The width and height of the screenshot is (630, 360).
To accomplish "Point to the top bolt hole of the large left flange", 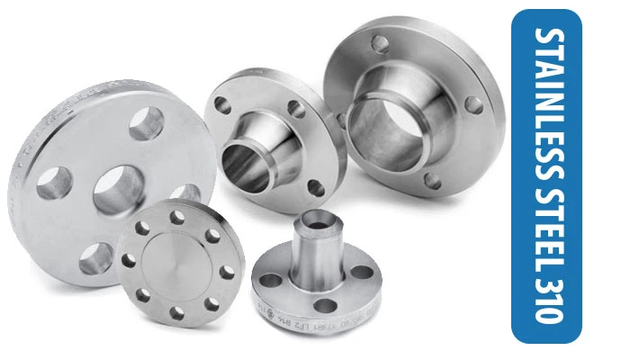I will [x=146, y=124].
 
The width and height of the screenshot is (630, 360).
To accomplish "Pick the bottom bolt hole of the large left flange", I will [x=95, y=258].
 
